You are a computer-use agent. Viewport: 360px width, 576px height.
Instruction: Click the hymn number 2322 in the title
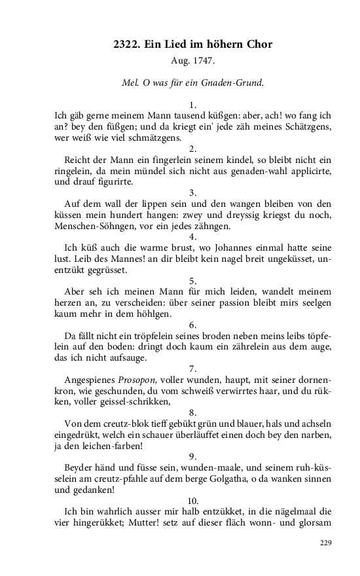[127, 44]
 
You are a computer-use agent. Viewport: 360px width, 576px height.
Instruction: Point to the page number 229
[325, 543]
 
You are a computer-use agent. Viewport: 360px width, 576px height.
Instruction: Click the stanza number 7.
[192, 369]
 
